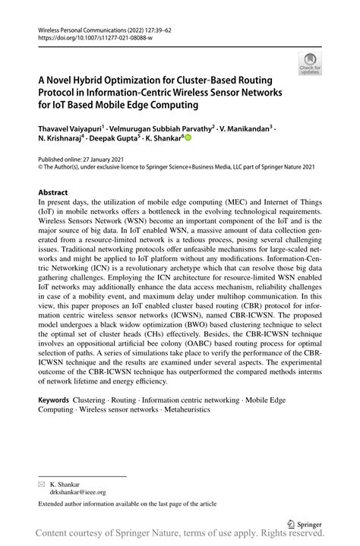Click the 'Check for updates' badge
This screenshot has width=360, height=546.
pyautogui.click(x=309, y=65)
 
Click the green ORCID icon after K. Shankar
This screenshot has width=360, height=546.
pyautogui.click(x=188, y=140)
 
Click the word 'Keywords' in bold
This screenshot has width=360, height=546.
pyautogui.click(x=58, y=399)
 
